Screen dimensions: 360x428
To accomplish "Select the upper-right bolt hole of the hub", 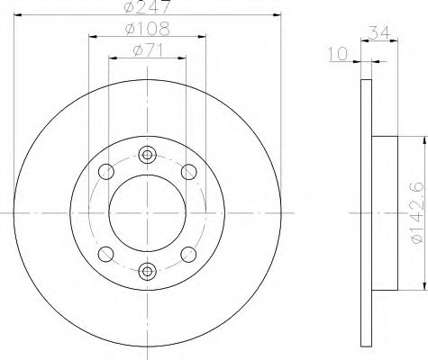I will [x=189, y=171].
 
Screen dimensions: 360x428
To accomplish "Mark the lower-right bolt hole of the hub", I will [x=189, y=253].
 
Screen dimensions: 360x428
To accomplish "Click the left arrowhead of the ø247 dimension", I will [x=18, y=18].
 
